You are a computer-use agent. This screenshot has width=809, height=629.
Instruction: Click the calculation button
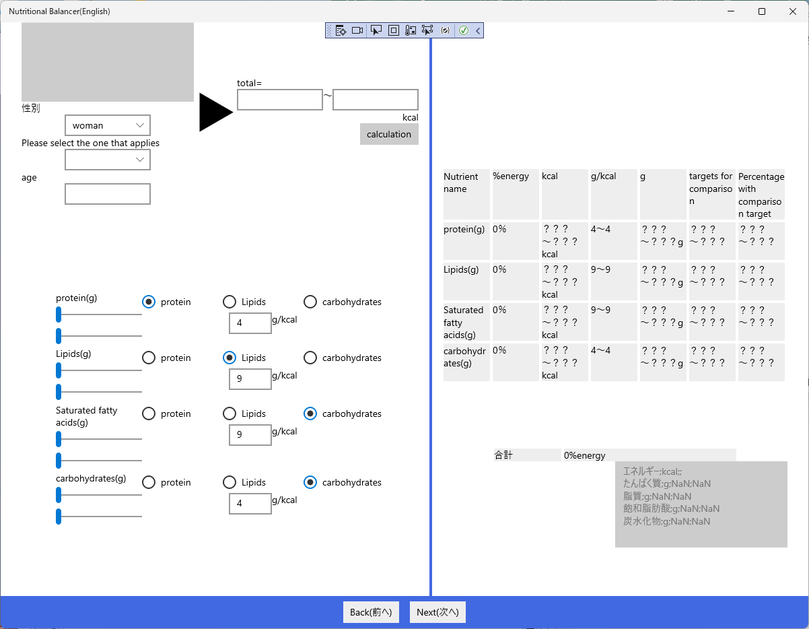(x=389, y=134)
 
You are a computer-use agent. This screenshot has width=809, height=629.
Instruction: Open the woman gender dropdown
(x=108, y=125)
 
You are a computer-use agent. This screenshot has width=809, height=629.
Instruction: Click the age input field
(x=108, y=194)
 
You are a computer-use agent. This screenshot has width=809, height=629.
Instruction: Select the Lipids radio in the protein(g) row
(x=230, y=302)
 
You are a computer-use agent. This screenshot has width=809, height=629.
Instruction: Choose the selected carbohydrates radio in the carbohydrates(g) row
(x=310, y=482)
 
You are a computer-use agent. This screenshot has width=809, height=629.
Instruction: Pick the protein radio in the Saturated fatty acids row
(x=149, y=413)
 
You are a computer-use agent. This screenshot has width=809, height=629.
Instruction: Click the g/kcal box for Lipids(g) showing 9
(x=250, y=378)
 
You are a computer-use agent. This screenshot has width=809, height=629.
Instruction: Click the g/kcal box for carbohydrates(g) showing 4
(x=250, y=504)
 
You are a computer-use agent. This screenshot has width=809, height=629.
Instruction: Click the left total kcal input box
(x=280, y=100)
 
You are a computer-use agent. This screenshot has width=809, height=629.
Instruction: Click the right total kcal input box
(x=376, y=100)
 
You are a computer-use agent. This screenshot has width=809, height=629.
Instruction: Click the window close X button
(x=793, y=11)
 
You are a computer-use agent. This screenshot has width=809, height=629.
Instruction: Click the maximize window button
(x=762, y=11)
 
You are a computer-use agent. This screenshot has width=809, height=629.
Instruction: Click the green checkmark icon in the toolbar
(x=464, y=30)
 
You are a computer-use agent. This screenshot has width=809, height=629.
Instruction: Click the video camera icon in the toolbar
(x=357, y=30)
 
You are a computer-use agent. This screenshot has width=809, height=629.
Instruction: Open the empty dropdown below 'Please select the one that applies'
(x=108, y=160)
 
